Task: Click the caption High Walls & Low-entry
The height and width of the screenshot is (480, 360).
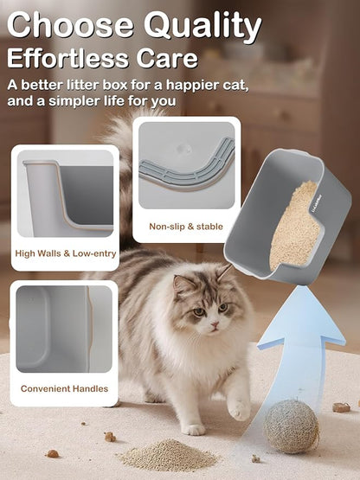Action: pos(66,255)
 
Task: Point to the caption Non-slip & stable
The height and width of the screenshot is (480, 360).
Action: pos(186,227)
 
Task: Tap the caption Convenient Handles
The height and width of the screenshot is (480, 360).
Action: pos(65,389)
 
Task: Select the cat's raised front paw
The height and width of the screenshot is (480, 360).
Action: pos(237,406)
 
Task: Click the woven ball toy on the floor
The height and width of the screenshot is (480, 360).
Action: pos(291,426)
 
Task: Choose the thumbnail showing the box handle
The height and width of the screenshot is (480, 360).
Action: pos(65,328)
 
